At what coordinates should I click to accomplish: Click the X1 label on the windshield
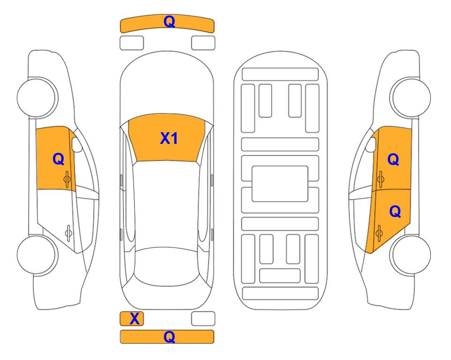pyautogui.click(x=169, y=138)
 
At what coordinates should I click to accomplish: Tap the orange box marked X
pyautogui.click(x=132, y=319)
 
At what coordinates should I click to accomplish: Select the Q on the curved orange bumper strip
pyautogui.click(x=169, y=22)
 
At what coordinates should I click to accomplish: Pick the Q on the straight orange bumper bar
pyautogui.click(x=169, y=337)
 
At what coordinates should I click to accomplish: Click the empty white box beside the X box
pyautogui.click(x=203, y=319)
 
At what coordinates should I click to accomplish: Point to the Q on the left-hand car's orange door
pyautogui.click(x=58, y=159)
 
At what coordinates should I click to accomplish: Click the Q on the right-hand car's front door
pyautogui.click(x=393, y=159)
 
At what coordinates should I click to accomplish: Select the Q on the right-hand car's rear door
pyautogui.click(x=395, y=212)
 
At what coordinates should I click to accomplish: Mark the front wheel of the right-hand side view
pyautogui.click(x=411, y=97)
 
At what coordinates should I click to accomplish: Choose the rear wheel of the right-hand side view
pyautogui.click(x=411, y=255)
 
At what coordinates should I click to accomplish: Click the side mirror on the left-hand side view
pyautogui.click(x=76, y=144)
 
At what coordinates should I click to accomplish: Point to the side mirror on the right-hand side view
pyautogui.click(x=371, y=144)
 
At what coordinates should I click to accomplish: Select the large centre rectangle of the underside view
pyautogui.click(x=280, y=184)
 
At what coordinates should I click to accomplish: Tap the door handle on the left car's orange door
pyautogui.click(x=67, y=179)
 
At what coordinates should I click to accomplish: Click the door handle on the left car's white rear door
pyautogui.click(x=68, y=232)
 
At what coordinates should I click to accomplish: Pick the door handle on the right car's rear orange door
pyautogui.click(x=379, y=233)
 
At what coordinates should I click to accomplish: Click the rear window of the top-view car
pyautogui.click(x=167, y=266)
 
